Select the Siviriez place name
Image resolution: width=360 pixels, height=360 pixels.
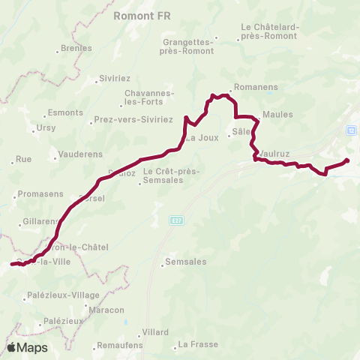click(x=114, y=78)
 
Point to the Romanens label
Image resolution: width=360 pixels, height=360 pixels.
click(x=256, y=87)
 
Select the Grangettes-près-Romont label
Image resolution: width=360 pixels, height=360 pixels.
click(x=187, y=46)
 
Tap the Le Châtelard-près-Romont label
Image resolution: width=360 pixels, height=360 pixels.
click(x=270, y=31)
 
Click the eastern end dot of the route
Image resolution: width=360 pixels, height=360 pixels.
click(x=346, y=160)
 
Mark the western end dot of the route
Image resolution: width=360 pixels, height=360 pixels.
click(x=12, y=264)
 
